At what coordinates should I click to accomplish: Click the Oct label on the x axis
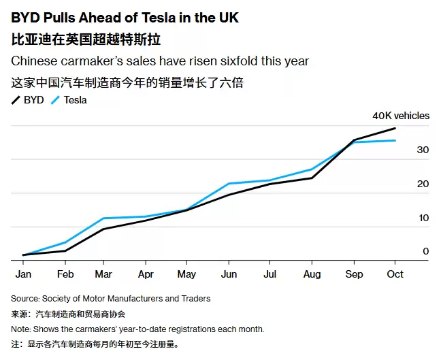(395, 274)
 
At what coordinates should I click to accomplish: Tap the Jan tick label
(24, 274)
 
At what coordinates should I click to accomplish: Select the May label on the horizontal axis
(186, 274)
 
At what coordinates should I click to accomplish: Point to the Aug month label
(312, 274)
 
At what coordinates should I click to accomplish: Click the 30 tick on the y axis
(423, 150)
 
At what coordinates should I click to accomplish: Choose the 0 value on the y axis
(425, 251)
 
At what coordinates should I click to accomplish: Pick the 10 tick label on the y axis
(423, 218)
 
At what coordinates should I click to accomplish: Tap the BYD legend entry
(28, 100)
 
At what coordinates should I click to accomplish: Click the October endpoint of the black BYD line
(395, 129)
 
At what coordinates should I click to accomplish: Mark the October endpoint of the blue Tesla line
(395, 140)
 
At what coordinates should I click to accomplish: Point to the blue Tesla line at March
(103, 218)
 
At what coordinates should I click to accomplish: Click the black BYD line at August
(312, 178)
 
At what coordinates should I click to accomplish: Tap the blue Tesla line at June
(228, 184)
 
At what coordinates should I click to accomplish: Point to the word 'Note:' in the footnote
(22, 329)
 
